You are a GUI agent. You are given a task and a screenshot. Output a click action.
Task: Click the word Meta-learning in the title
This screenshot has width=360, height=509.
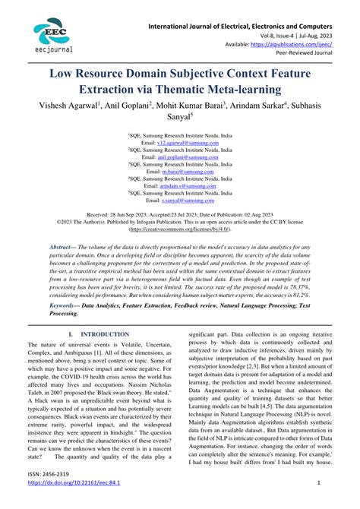[258, 89]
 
